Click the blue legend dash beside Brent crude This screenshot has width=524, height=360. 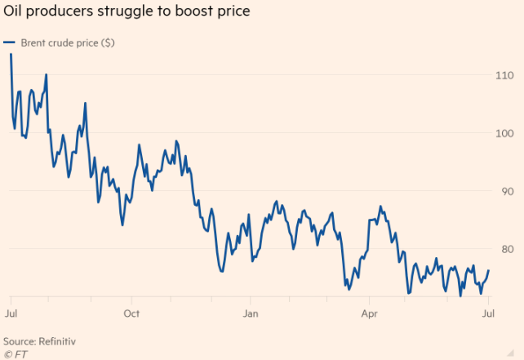(9, 42)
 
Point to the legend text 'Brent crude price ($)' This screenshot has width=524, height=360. (67, 42)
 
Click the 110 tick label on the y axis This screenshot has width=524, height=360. (504, 75)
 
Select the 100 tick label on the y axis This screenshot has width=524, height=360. (504, 133)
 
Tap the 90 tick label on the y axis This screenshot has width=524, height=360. (506, 191)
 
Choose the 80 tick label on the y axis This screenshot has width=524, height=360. (506, 249)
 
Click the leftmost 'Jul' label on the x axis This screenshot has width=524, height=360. (11, 313)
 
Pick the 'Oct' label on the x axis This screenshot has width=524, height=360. (131, 313)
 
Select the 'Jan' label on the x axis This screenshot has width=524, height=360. (251, 313)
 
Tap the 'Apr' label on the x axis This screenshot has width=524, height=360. (369, 313)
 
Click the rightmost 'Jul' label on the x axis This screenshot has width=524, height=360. (488, 313)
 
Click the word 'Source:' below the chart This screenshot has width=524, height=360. (21, 340)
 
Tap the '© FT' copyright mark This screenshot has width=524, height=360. (15, 353)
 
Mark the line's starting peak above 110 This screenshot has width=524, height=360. (11, 55)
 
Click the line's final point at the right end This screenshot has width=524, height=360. (488, 270)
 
